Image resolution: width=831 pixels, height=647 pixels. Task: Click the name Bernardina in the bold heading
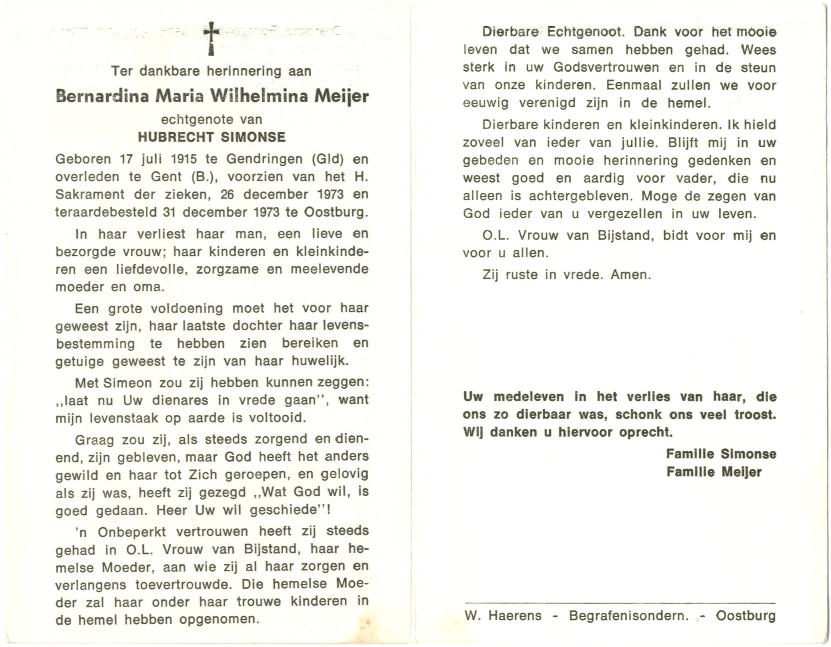pyautogui.click(x=102, y=96)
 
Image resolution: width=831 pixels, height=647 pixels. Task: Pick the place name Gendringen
pyautogui.click(x=265, y=159)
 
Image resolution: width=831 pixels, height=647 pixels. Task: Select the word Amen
pyautogui.click(x=631, y=275)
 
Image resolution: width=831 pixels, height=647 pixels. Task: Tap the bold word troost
pyautogui.click(x=755, y=415)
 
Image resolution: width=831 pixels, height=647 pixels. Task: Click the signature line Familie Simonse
pyautogui.click(x=721, y=454)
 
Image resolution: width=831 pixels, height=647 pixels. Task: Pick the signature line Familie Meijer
pyautogui.click(x=714, y=472)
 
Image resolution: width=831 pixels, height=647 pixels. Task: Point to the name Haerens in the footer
pyautogui.click(x=515, y=615)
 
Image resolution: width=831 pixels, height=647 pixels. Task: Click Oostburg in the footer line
pyautogui.click(x=746, y=615)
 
